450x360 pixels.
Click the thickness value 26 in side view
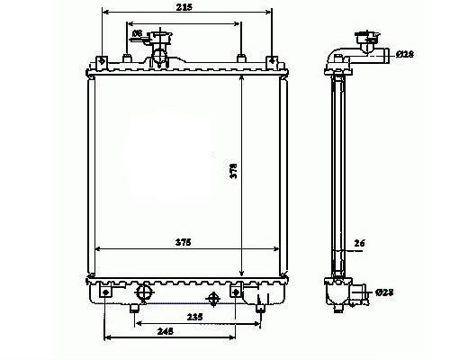[360, 242]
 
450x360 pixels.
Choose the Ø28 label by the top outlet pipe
[407, 54]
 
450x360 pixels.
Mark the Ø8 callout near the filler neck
[137, 34]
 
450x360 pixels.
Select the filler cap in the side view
[368, 39]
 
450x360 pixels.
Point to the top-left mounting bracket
[101, 62]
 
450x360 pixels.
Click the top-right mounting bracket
[272, 62]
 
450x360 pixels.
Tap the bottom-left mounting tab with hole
[106, 292]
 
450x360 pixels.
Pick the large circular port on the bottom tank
[143, 293]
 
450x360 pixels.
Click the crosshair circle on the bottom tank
[213, 299]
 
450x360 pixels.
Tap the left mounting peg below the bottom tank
[134, 310]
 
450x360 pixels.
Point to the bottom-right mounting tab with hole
[238, 292]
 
